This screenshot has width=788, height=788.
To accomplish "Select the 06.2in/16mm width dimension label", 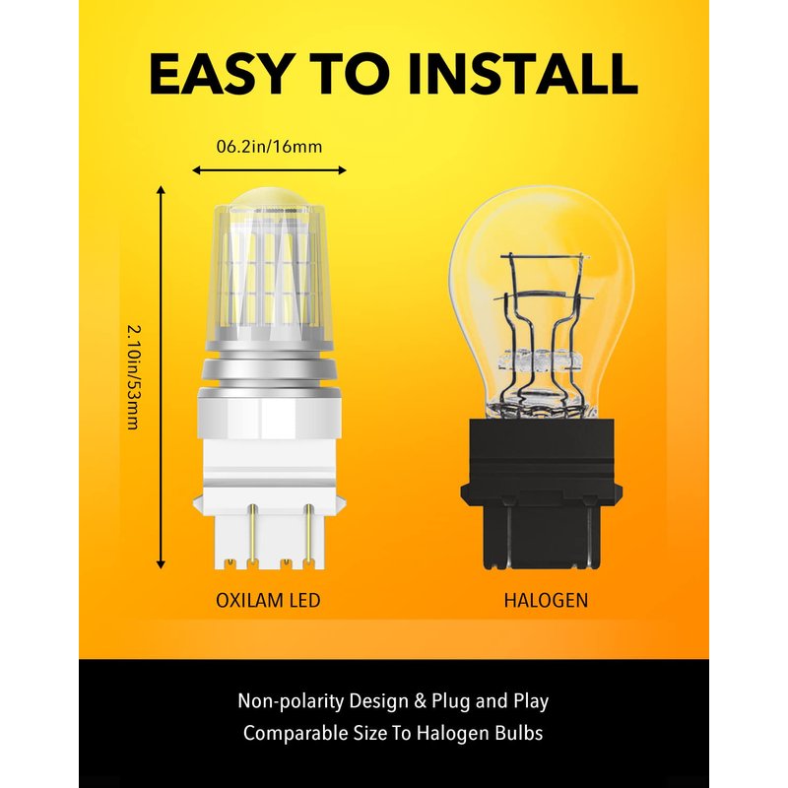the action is point(269,147).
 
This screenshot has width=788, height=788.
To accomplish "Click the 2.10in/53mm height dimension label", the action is point(134,377).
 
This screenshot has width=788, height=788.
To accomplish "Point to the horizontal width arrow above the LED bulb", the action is point(269,170).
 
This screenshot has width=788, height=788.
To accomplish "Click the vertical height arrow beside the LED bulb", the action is point(161,377).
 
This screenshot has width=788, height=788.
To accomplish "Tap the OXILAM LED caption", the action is point(268,600).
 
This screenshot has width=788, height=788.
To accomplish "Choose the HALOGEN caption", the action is point(546,600).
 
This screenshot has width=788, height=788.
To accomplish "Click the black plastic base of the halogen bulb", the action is point(541,493).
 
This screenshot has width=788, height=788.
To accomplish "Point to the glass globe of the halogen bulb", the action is point(541,301).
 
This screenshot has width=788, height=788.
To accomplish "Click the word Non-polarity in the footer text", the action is point(291,701).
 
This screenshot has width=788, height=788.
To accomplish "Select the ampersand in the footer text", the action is point(421,701).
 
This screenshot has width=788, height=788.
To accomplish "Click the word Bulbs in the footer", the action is point(519,733).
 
